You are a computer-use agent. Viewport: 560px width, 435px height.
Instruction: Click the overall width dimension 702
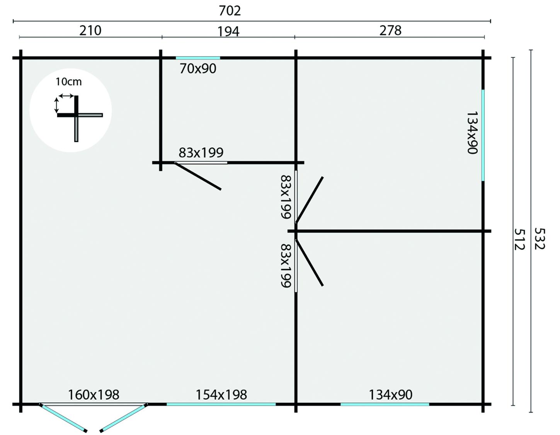pyautogui.click(x=230, y=10)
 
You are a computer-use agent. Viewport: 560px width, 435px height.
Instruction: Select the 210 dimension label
pyautogui.click(x=90, y=31)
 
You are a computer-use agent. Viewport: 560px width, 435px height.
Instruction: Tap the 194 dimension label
pyautogui.click(x=228, y=31)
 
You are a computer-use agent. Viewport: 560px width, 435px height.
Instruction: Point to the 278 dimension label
pyautogui.click(x=390, y=31)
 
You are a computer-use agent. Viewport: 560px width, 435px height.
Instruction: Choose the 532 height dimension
pyautogui.click(x=540, y=239)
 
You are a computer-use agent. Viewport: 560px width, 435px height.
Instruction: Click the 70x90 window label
pyautogui.click(x=197, y=68)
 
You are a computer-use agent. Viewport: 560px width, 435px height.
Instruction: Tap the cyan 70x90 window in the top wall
pyautogui.click(x=198, y=58)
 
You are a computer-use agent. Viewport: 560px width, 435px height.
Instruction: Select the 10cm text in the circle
pyautogui.click(x=68, y=82)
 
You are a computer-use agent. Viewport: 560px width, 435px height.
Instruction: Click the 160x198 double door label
pyautogui.click(x=93, y=394)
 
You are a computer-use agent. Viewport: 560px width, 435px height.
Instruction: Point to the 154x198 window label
pyautogui.click(x=221, y=394)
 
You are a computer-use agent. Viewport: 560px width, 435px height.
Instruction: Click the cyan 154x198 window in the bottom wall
pyautogui.click(x=221, y=404)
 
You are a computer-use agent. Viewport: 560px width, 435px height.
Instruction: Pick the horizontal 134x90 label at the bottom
pyautogui.click(x=390, y=394)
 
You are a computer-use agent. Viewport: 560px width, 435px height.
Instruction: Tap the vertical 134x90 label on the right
pyautogui.click(x=472, y=133)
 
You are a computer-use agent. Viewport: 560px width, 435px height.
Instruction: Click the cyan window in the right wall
pyautogui.click(x=483, y=135)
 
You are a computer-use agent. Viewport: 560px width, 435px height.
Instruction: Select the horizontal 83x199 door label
pyautogui.click(x=201, y=153)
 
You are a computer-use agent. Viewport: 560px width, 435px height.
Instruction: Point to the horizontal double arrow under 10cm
pyautogui.click(x=66, y=96)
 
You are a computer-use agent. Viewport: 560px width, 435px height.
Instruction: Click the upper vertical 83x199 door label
pyautogui.click(x=286, y=197)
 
